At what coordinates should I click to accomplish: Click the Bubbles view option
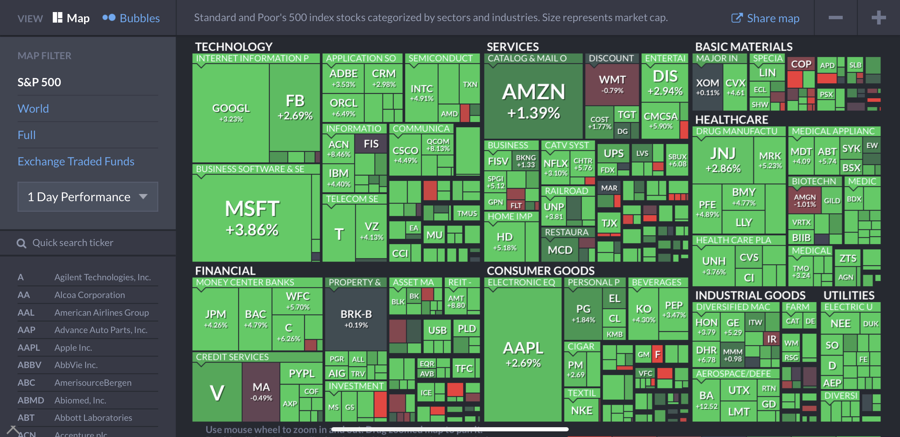click(131, 18)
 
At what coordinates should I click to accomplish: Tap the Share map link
click(765, 18)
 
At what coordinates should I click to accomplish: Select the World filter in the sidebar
click(33, 108)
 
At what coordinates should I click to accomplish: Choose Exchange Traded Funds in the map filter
click(76, 161)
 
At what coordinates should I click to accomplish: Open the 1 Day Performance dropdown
click(87, 197)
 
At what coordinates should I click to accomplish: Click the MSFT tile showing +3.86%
click(252, 218)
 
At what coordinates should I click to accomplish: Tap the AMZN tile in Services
click(533, 101)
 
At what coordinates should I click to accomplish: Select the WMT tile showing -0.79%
click(612, 84)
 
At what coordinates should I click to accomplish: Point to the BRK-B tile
click(356, 318)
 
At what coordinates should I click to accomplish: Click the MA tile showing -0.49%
click(261, 392)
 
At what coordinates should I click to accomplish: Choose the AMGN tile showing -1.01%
click(804, 200)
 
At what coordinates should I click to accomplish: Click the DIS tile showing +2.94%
click(665, 82)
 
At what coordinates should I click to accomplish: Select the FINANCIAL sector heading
click(225, 270)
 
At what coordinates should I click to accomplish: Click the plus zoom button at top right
click(879, 18)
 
